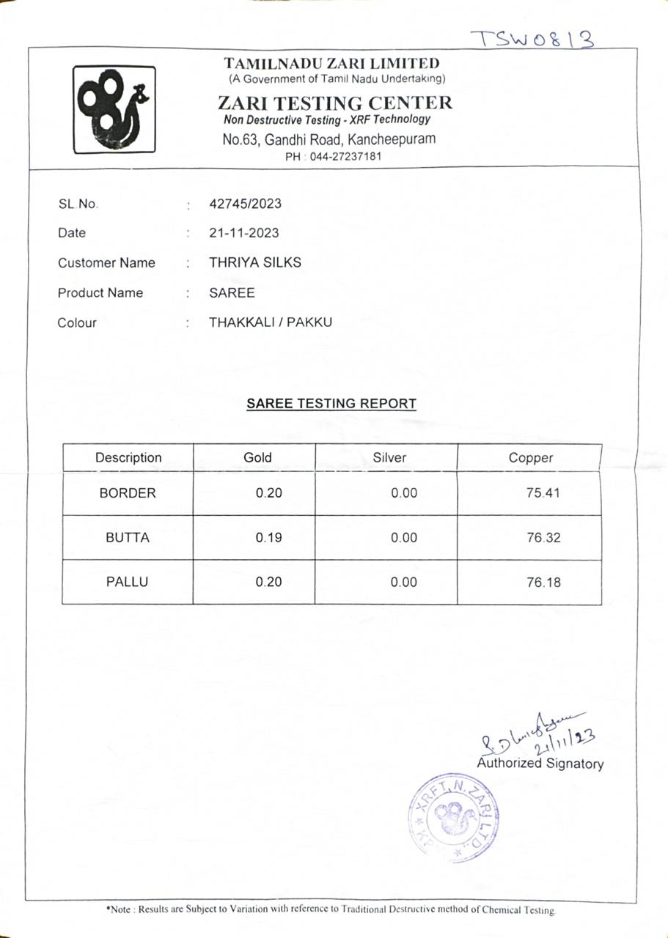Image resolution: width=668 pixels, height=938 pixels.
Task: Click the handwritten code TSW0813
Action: click(532, 38)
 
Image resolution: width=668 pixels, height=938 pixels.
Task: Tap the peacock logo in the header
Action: click(114, 109)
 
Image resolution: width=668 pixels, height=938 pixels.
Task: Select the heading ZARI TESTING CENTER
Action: click(334, 103)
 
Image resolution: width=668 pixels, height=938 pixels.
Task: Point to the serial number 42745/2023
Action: click(245, 204)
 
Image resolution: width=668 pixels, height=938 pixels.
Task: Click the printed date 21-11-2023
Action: click(243, 233)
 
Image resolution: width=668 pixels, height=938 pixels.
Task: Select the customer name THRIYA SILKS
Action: click(254, 262)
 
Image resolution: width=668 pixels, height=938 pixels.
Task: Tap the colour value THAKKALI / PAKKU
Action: click(270, 322)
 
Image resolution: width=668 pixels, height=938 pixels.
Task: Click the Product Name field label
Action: click(100, 292)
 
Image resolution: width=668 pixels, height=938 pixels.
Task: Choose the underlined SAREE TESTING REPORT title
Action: click(331, 404)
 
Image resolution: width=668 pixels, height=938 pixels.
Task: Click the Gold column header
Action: click(257, 457)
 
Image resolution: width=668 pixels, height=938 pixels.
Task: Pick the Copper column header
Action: click(530, 458)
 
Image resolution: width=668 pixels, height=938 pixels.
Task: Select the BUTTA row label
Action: click(128, 537)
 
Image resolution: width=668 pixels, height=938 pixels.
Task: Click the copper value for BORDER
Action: click(543, 493)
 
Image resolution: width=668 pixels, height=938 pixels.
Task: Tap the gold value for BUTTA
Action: click(268, 537)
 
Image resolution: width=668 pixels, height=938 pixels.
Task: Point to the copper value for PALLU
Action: click(543, 583)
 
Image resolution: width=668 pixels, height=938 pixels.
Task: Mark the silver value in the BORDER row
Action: click(404, 493)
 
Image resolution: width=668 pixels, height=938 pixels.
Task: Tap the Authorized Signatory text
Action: click(540, 764)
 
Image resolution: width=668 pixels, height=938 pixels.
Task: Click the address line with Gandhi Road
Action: click(329, 139)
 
